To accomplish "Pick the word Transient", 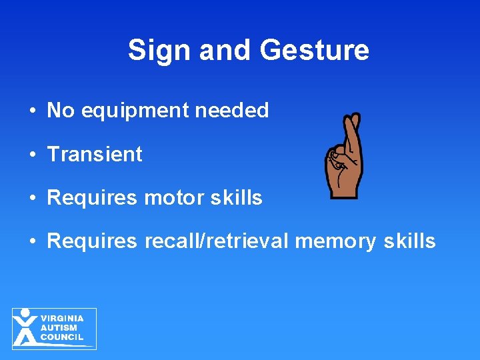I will pos(95,154).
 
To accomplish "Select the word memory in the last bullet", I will pos(335,241).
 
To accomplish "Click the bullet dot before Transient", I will pos(33,155).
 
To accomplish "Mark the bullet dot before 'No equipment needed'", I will pos(33,111).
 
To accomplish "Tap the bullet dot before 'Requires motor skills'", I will pos(33,199).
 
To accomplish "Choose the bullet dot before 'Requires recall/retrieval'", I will pos(33,242).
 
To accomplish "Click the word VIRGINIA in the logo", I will pos(62,319).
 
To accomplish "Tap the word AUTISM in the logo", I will pos(59,328).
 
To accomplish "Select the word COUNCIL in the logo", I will pos(62,337).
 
